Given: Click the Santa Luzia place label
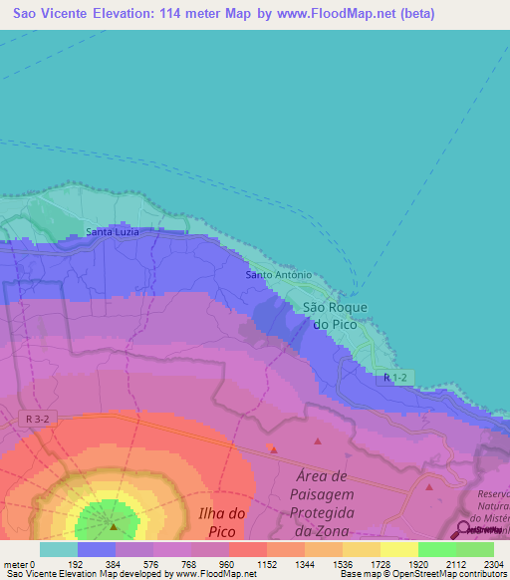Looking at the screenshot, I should tap(112, 231).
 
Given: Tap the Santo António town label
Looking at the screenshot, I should tap(279, 275).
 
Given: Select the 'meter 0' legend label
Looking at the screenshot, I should tap(20, 563).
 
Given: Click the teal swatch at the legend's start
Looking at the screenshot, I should tap(58, 549).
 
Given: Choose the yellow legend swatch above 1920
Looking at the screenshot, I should tap(398, 549).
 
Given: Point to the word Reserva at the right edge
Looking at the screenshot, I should tap(494, 495).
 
